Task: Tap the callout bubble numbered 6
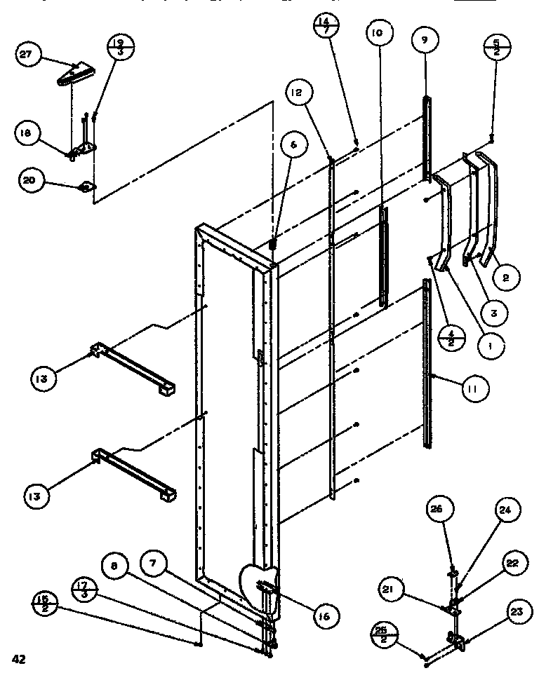pos(293,144)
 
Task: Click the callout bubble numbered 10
pos(378,33)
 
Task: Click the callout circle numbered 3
pos(493,313)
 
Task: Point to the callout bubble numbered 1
pos(491,346)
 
